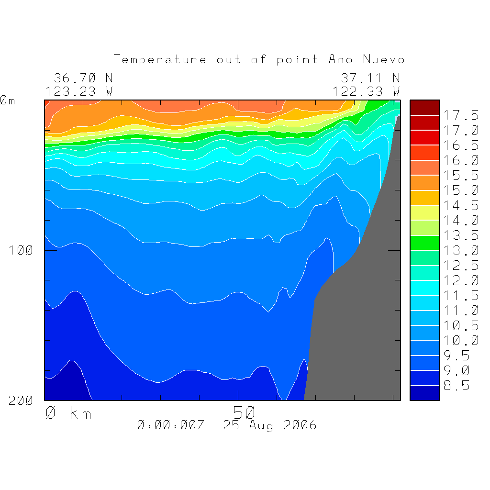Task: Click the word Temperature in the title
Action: [x=160, y=60]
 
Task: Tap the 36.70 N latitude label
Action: [x=83, y=78]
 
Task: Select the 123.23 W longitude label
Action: [x=79, y=91]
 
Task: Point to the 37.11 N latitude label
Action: [x=370, y=78]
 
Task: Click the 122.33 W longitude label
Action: [x=366, y=91]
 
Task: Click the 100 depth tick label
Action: [x=21, y=250]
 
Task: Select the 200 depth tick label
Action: [x=21, y=401]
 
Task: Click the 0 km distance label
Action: [x=68, y=413]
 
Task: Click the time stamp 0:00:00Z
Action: [x=170, y=425]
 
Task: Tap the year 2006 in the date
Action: [x=300, y=425]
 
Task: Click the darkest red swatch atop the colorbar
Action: [x=424, y=108]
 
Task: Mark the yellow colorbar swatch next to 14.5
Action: [x=424, y=212]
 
